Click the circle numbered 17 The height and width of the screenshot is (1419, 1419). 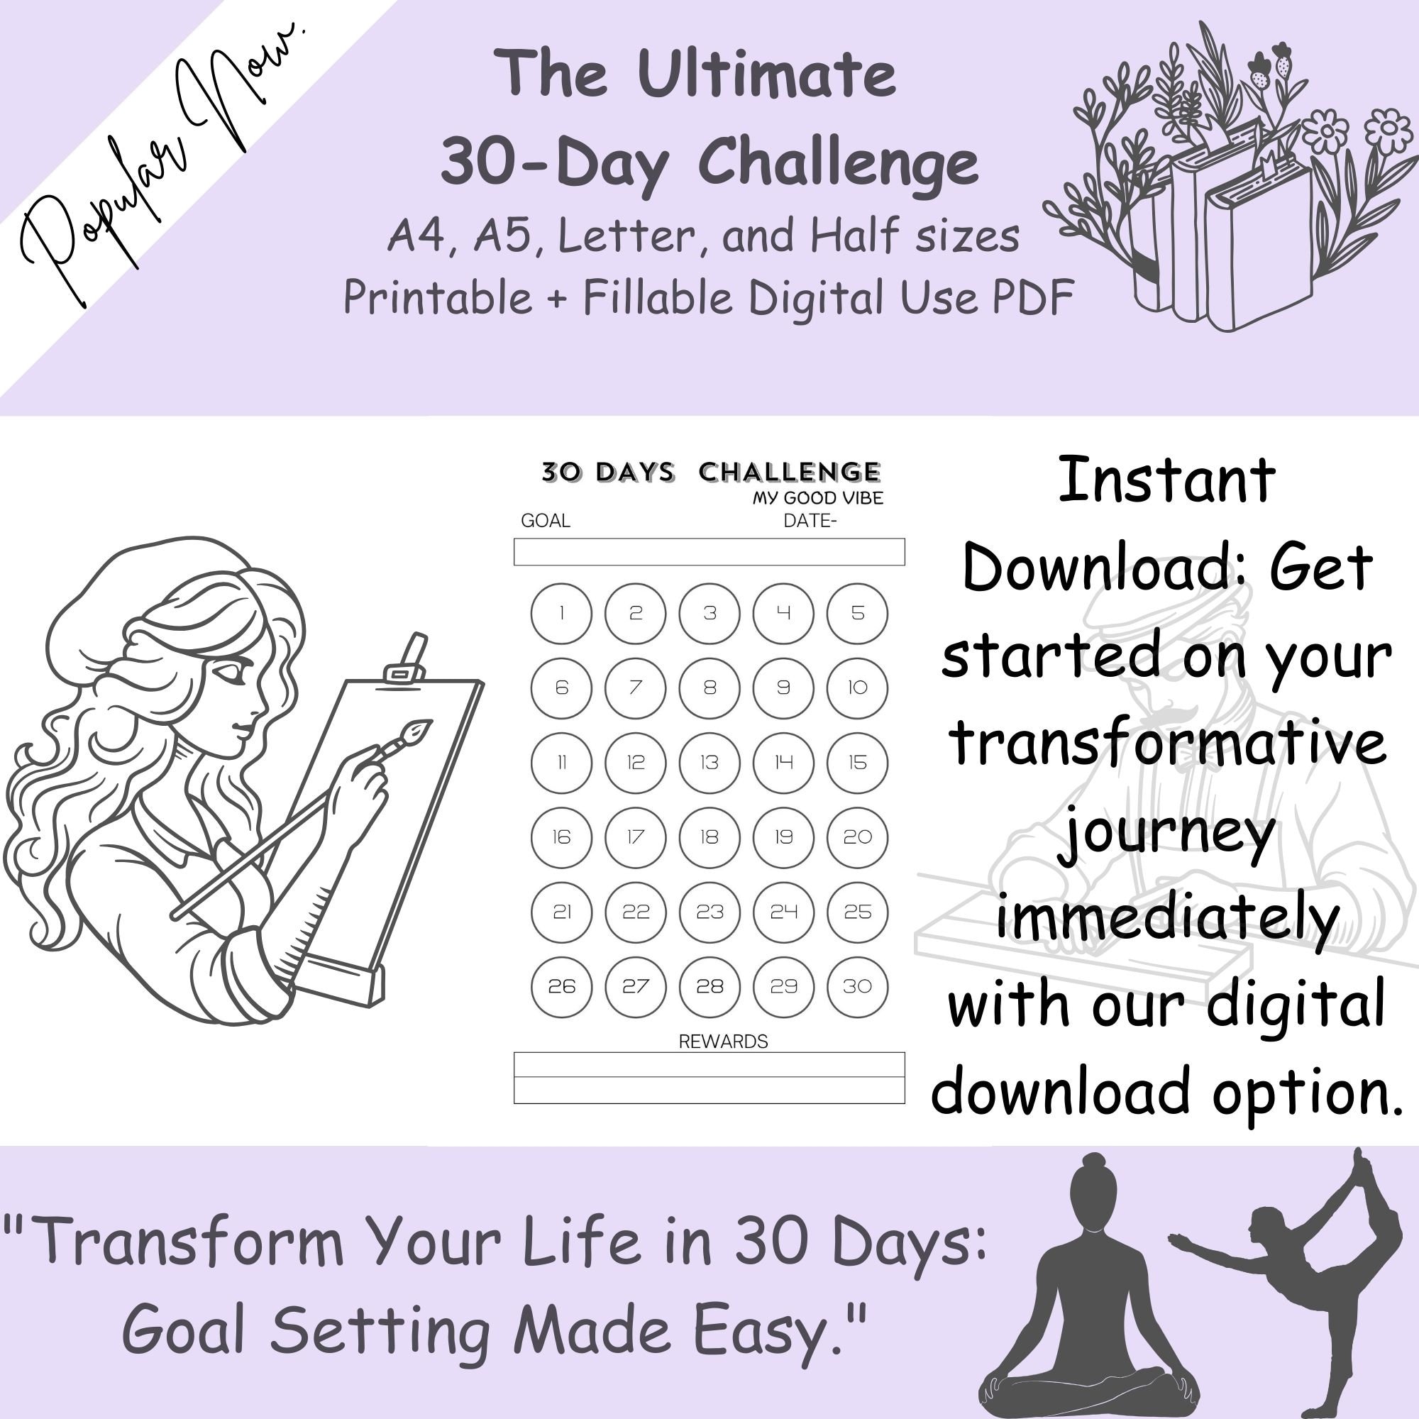click(x=635, y=837)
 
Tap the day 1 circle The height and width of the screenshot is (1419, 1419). click(x=561, y=613)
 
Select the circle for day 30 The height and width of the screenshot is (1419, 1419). click(x=857, y=986)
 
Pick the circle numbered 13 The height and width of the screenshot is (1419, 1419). click(x=709, y=763)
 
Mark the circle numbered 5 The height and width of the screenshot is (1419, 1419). click(x=857, y=613)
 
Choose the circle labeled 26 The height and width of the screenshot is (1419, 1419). click(x=561, y=986)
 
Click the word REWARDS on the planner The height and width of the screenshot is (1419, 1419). click(x=723, y=1042)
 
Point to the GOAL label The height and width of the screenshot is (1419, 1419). click(x=545, y=521)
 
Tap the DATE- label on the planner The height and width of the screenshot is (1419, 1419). click(x=810, y=521)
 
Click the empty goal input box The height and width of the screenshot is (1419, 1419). click(x=709, y=551)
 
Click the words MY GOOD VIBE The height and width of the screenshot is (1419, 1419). click(x=817, y=498)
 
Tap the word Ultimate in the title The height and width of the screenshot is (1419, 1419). click(x=767, y=75)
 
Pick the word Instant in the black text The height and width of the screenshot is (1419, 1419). click(x=1166, y=481)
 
